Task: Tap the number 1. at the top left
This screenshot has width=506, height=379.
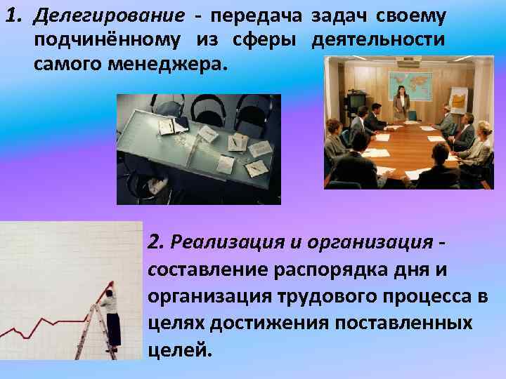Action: pos(15,15)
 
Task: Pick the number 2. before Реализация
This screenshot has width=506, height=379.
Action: pos(157,243)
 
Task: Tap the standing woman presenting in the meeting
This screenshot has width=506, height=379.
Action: pos(401,103)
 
